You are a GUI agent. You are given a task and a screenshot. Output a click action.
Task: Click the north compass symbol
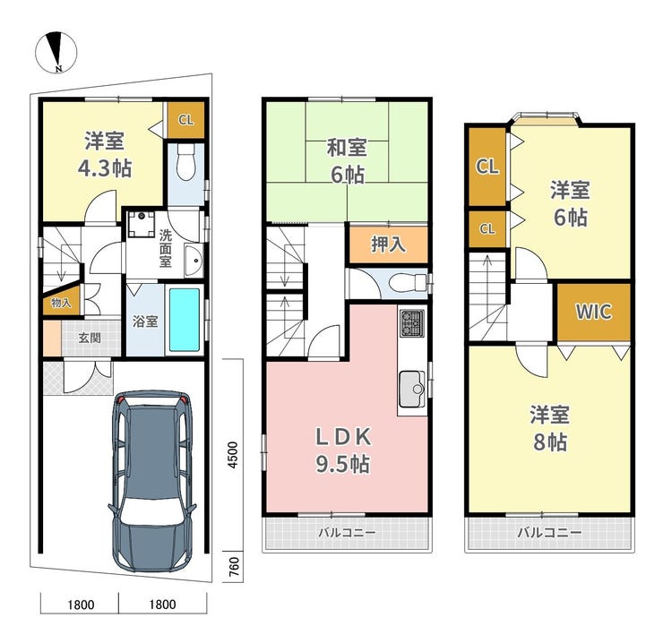[x=56, y=52]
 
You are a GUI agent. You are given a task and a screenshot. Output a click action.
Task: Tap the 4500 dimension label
[x=233, y=455]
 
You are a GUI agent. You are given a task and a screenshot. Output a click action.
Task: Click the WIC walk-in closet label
[x=594, y=312]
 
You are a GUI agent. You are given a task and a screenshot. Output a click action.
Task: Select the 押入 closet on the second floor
[x=388, y=244]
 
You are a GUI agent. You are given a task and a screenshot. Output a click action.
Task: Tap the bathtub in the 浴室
[x=185, y=320]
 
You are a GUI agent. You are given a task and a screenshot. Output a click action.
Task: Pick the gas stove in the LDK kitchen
[x=412, y=323]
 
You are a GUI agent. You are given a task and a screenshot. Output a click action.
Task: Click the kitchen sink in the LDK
[x=412, y=389]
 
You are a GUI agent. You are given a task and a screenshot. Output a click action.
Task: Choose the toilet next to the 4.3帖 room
[x=185, y=162]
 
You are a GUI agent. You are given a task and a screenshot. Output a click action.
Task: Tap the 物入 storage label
[x=61, y=303]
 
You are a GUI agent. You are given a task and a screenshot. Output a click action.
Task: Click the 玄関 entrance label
[x=90, y=338]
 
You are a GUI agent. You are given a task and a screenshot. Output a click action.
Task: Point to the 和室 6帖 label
[x=347, y=161]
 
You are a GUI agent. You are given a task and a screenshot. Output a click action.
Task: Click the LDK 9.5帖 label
[x=343, y=450]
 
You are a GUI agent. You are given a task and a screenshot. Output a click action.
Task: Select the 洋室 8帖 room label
[x=550, y=428]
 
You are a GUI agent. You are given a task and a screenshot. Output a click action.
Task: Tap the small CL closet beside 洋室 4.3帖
[x=186, y=120]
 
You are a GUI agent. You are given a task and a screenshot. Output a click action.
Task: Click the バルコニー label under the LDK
[x=347, y=532]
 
